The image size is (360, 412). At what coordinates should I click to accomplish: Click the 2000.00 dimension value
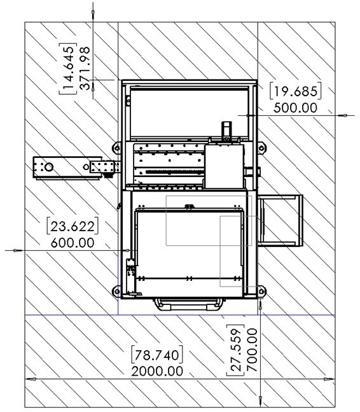[157, 371]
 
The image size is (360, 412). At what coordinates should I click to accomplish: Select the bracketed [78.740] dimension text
[157, 355]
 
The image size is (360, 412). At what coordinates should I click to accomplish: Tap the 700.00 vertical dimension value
[252, 350]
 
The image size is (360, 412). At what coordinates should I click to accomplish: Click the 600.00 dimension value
[73, 243]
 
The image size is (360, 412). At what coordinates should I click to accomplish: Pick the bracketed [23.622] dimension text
[73, 226]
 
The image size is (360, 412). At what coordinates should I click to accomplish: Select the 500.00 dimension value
[295, 108]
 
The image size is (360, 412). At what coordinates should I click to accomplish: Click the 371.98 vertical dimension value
[85, 68]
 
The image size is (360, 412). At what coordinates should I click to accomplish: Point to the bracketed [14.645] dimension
[68, 69]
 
